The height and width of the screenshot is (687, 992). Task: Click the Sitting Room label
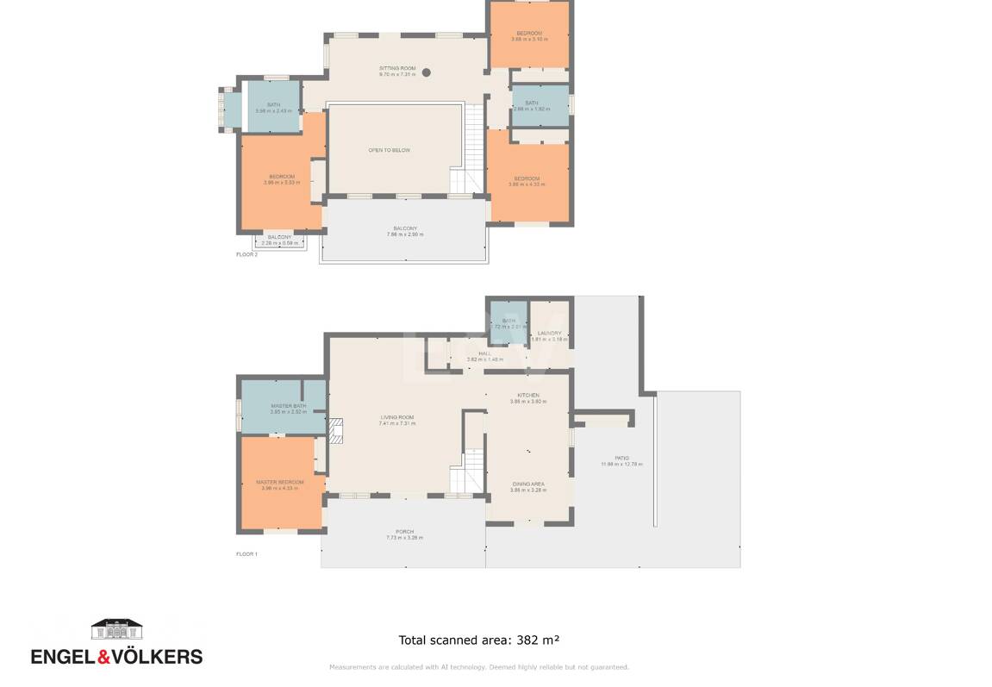click(x=397, y=68)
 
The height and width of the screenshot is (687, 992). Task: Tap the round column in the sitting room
click(x=426, y=73)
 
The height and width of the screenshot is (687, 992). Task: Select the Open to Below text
click(x=390, y=150)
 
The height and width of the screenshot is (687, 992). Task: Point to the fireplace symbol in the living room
click(x=335, y=430)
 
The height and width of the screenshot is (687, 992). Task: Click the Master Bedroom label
click(x=279, y=482)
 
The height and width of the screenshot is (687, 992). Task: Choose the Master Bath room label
click(x=288, y=406)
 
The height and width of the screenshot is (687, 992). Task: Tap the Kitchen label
click(x=528, y=395)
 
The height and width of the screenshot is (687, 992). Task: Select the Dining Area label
click(x=527, y=484)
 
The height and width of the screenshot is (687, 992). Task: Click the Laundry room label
click(x=549, y=334)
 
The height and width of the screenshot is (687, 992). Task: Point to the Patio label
click(x=621, y=458)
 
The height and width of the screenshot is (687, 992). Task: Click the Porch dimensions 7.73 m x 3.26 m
click(x=404, y=538)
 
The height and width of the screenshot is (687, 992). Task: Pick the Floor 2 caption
click(x=246, y=255)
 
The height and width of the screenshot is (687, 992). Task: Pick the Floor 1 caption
click(x=246, y=554)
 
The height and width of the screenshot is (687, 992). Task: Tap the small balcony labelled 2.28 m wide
click(x=279, y=240)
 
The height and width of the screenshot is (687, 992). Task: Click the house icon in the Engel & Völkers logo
click(x=117, y=628)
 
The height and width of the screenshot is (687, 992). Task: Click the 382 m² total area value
click(x=538, y=640)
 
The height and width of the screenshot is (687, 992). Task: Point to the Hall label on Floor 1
click(x=484, y=353)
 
